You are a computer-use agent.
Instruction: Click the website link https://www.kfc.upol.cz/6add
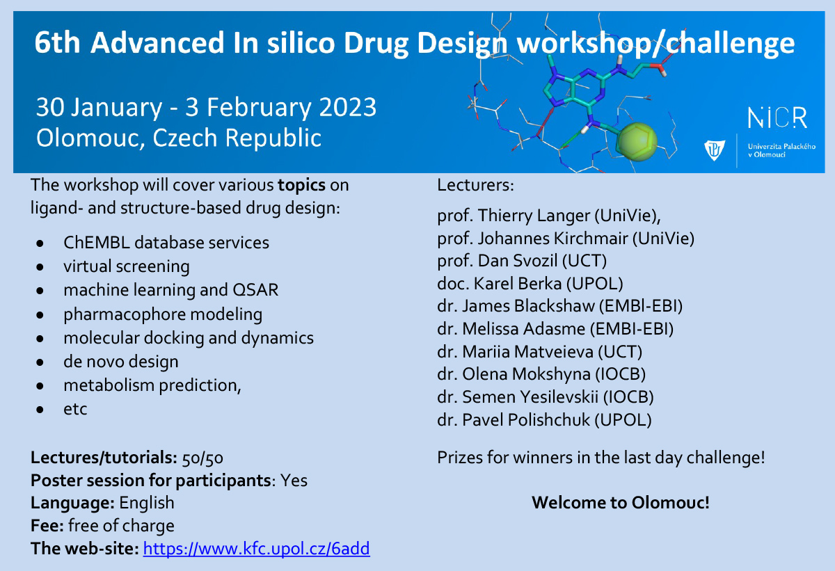point(257,549)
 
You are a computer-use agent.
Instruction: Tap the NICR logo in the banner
point(778,118)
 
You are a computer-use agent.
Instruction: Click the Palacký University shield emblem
point(715,150)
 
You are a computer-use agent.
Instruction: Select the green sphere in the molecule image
point(637,142)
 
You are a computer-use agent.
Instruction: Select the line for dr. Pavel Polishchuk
point(544,420)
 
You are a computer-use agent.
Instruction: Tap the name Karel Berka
point(518,284)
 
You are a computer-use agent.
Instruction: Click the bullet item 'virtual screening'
point(127,266)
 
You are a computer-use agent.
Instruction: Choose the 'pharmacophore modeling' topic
point(163,314)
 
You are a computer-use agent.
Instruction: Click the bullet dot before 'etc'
point(40,410)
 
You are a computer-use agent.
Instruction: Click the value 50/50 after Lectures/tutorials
point(202,458)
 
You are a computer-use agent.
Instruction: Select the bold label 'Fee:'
point(48,526)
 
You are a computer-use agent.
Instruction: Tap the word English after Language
point(147,504)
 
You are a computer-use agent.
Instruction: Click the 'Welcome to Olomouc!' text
point(621,502)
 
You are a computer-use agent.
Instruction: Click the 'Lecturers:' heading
point(476,185)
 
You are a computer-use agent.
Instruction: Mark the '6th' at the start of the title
point(57,42)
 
